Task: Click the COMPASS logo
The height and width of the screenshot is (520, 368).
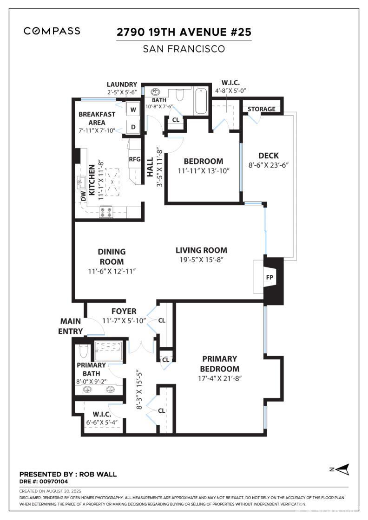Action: click(52, 31)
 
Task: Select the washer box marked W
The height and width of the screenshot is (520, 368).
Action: click(133, 110)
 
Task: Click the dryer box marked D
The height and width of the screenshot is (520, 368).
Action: click(133, 127)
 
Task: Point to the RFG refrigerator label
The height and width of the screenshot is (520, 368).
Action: click(134, 159)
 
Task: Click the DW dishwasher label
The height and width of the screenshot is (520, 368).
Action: click(84, 197)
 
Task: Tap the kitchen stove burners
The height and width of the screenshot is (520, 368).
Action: click(106, 212)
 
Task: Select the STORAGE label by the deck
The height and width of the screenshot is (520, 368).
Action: click(261, 109)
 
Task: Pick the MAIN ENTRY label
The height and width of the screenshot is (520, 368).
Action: click(70, 326)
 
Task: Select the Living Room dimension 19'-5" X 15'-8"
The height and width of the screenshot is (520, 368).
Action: click(202, 260)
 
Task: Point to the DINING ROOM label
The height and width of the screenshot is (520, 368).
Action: click(112, 256)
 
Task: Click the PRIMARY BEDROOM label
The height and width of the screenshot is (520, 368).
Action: click(220, 364)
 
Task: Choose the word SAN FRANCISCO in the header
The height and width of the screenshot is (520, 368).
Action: click(184, 49)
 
